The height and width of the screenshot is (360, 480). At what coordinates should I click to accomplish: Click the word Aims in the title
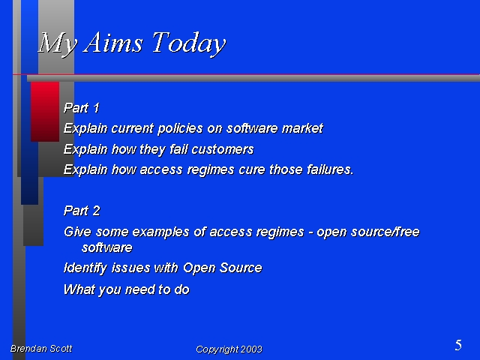pyautogui.click(x=113, y=42)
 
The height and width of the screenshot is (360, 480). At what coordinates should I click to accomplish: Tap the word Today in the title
pyautogui.click(x=188, y=43)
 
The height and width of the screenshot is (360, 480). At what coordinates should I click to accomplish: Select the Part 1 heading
pyautogui.click(x=82, y=108)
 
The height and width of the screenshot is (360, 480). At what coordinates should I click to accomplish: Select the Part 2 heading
pyautogui.click(x=82, y=211)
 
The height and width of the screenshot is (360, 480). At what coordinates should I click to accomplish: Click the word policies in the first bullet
pyautogui.click(x=180, y=128)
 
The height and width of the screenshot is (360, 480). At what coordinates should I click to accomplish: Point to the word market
pyautogui.click(x=302, y=128)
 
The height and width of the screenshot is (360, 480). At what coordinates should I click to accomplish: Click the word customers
pyautogui.click(x=223, y=149)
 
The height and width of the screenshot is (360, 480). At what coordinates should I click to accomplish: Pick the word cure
pyautogui.click(x=252, y=169)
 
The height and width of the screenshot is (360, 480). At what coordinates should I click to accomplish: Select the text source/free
pyautogui.click(x=385, y=232)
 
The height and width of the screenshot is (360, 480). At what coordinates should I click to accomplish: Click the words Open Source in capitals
pyautogui.click(x=222, y=268)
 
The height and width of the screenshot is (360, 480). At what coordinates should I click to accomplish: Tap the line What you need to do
pyautogui.click(x=127, y=289)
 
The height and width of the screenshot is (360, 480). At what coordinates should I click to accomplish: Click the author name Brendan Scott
pyautogui.click(x=41, y=348)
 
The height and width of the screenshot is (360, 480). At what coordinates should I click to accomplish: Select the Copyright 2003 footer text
pyautogui.click(x=229, y=349)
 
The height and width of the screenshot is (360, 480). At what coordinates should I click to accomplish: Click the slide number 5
pyautogui.click(x=458, y=345)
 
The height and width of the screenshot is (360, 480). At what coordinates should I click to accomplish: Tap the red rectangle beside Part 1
pyautogui.click(x=45, y=112)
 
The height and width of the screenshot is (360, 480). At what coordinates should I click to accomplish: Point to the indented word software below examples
pyautogui.click(x=107, y=247)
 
